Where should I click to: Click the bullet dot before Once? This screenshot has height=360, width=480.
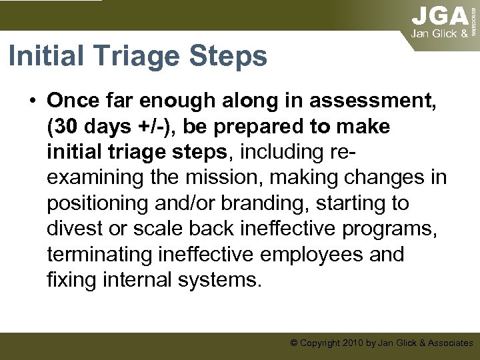(32, 101)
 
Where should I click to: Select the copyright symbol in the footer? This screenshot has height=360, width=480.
(293, 343)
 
